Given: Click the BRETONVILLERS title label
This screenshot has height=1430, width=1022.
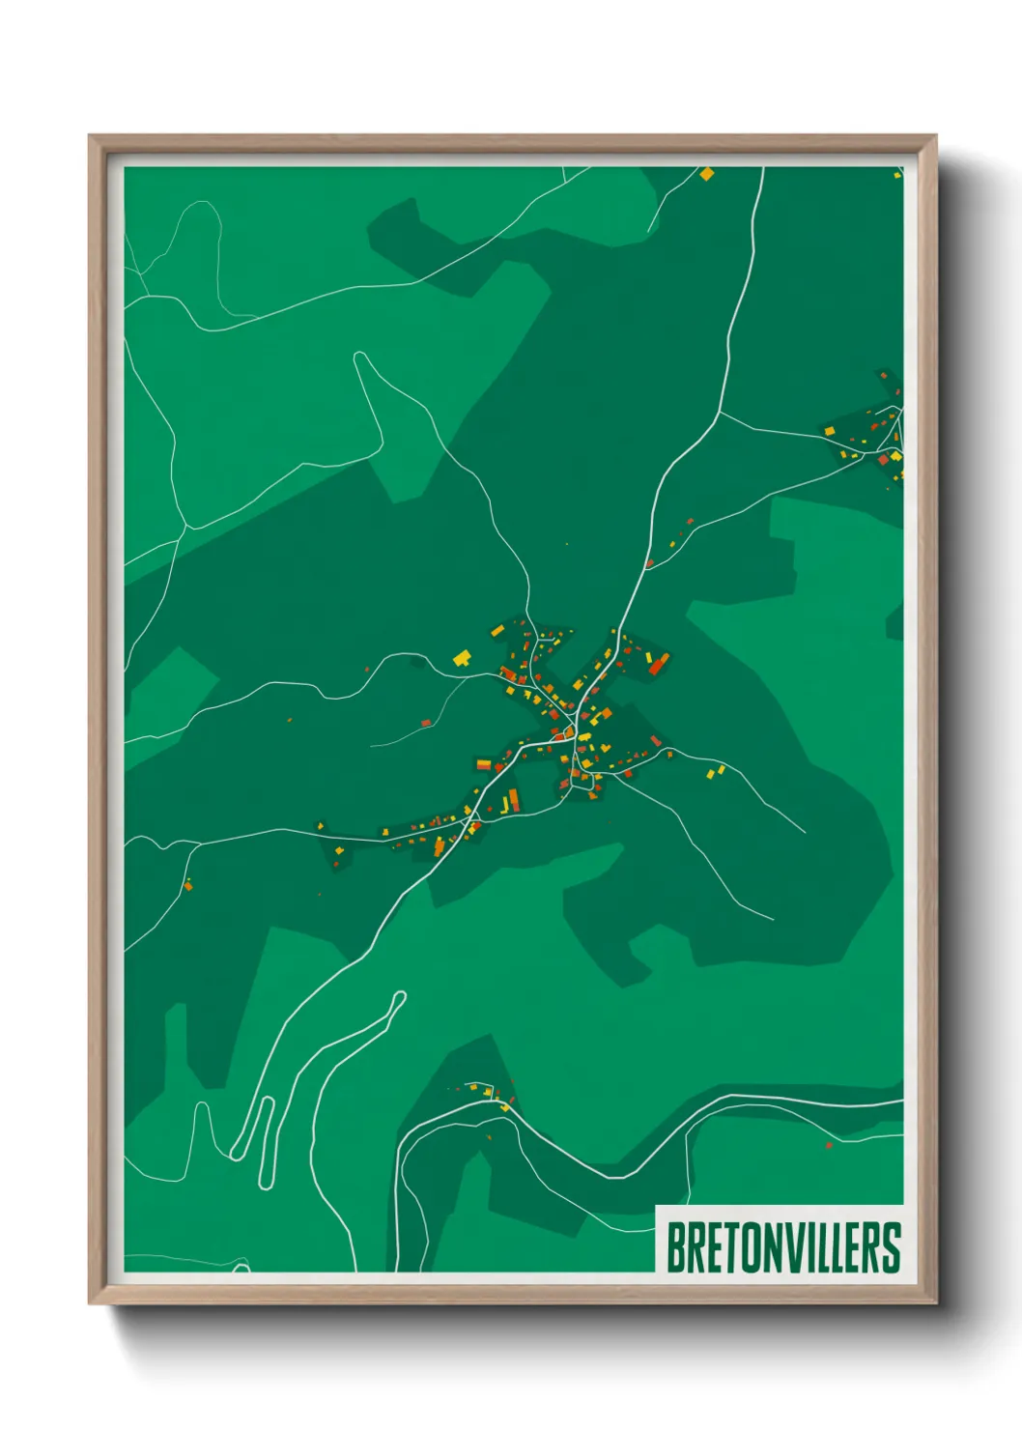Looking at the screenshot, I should coord(783,1247).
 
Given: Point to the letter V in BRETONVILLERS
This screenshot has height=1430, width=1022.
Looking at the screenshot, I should coord(791,1247).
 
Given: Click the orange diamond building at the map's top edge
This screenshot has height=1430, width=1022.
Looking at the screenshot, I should coord(707,174).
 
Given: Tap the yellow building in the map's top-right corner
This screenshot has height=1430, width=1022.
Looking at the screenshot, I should coord(897,174).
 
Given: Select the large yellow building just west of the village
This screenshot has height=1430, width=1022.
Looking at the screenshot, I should coord(463,659).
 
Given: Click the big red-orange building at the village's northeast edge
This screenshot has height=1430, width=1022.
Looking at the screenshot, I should coord(659,664).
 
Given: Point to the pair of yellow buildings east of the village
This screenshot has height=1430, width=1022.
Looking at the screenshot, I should coord(716,771).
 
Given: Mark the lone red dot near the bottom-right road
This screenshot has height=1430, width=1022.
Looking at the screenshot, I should coord(829,1146).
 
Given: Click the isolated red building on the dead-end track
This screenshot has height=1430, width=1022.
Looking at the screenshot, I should coord(426,723).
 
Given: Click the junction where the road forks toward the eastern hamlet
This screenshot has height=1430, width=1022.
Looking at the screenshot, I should coord(721,414).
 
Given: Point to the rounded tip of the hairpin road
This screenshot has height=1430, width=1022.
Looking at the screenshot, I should coord(398,997).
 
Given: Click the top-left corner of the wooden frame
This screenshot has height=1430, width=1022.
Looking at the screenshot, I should coord(91,137).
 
